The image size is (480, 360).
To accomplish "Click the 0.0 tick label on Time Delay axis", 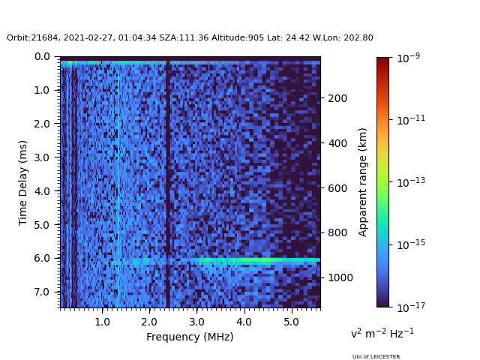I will tap(42, 56).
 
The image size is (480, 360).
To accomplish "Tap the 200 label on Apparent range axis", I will tap(337, 98).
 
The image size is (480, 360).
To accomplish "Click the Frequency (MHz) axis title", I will tap(190, 337).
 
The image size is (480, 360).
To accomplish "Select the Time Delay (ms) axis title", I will tap(23, 182).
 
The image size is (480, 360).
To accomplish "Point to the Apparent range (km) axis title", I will tap(363, 181).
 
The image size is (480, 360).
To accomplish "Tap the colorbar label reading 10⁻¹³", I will tap(409, 181).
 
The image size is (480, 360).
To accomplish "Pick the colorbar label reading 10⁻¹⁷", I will tap(409, 307).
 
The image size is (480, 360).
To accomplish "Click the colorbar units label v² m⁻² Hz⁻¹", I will tap(382, 333).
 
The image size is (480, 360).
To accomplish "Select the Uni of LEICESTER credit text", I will tap(376, 357).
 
